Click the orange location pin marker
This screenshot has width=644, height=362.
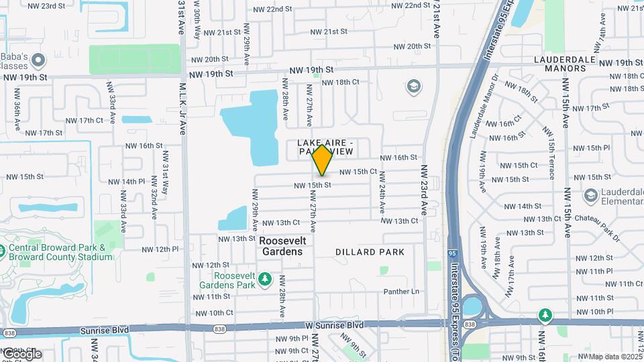(x=323, y=160)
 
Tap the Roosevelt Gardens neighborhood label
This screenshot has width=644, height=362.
(x=282, y=246)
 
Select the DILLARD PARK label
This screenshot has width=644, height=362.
(x=370, y=252)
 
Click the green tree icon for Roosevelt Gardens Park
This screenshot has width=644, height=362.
(x=266, y=278)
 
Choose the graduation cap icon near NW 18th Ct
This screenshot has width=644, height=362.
(x=414, y=86)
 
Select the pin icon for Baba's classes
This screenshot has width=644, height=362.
(x=38, y=61)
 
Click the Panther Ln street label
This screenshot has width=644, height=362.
(x=401, y=292)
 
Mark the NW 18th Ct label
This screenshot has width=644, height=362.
(x=341, y=82)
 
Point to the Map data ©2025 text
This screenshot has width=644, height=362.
(x=614, y=357)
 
